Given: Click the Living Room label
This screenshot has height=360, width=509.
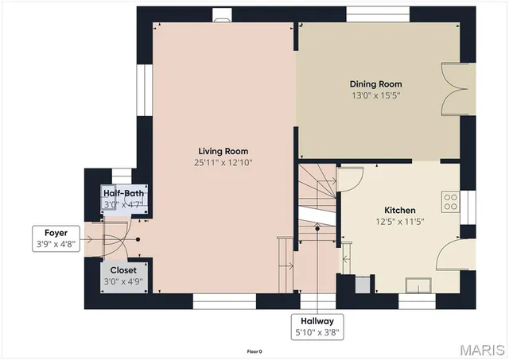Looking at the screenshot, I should click(x=223, y=151).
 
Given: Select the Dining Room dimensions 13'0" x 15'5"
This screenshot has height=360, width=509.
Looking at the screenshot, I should click(x=375, y=95).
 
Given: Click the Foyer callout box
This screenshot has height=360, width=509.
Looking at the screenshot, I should click(x=51, y=238).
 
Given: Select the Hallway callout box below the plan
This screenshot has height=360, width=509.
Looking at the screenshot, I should click(x=318, y=327).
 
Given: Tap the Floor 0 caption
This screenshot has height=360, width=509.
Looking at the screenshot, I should click(x=254, y=350).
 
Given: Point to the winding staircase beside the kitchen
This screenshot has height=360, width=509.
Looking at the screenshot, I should click(x=318, y=199).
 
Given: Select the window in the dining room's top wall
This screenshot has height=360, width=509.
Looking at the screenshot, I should click(x=378, y=14).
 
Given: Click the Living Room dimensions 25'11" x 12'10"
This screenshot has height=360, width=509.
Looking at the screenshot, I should click(x=223, y=162).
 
